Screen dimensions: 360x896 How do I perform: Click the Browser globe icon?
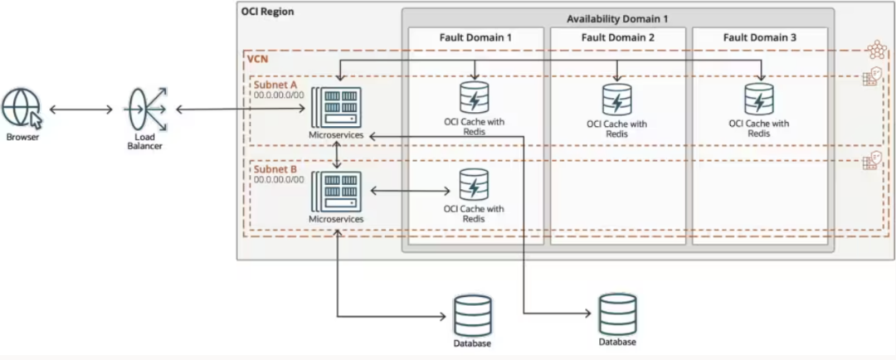pos(22,109)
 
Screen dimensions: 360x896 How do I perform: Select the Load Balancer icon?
pos(145,109)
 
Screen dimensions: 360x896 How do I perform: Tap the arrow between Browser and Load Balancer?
pos(80,109)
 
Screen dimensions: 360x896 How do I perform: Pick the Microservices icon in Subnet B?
pos(336,191)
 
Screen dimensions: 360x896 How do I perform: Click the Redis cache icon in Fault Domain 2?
pos(616,100)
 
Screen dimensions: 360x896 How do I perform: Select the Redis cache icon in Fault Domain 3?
pos(758,100)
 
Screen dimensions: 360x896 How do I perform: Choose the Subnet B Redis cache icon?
pos(474,184)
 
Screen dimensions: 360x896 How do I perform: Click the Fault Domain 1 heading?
pos(475,37)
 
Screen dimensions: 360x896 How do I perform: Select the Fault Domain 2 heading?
pos(617,37)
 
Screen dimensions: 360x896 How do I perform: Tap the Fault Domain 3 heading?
pos(760,37)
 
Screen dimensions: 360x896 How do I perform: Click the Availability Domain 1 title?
pos(617,18)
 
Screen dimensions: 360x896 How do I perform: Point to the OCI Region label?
pos(267,12)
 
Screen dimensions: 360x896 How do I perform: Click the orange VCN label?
pos(256,60)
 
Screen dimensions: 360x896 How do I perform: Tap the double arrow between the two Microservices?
pos(336,154)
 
